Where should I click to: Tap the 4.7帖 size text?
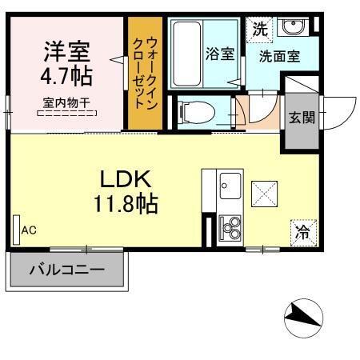pyautogui.click(x=66, y=77)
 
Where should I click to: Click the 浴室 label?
pyautogui.click(x=219, y=54)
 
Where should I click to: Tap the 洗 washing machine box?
pyautogui.click(x=260, y=30)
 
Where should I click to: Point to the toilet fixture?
pyautogui.click(x=195, y=110)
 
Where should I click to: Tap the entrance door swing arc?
pyautogui.click(x=340, y=104)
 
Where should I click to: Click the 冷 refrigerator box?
pyautogui.click(x=303, y=233)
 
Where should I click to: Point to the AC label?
pyautogui.click(x=29, y=230)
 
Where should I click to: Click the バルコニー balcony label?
pyautogui.click(x=67, y=270)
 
